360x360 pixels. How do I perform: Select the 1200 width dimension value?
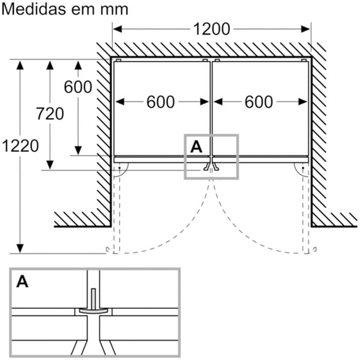coord(211,29)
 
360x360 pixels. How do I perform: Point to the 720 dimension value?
coord(50,113)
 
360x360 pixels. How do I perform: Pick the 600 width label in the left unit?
coord(160,102)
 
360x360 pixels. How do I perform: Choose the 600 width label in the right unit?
coord(259,102)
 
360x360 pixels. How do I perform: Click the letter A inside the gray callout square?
coord(196,147)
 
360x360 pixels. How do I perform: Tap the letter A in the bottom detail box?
coord(23,282)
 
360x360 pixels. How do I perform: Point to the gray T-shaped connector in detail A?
coord(93,308)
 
